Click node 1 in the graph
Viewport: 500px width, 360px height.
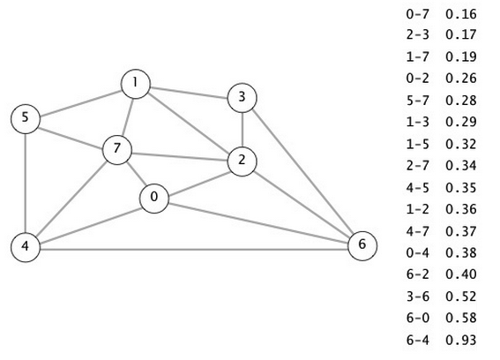(136, 84)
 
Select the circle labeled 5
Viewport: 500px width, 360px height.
(26, 119)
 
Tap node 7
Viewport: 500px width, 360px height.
(117, 150)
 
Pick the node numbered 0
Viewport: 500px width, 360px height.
(154, 199)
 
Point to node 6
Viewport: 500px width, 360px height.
(362, 246)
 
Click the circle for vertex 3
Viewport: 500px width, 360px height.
(242, 98)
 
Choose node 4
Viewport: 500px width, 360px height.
(26, 247)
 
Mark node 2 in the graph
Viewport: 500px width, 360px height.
(242, 161)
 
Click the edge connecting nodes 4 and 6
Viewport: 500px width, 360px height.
(194, 249)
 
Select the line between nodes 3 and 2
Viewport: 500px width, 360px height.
(243, 130)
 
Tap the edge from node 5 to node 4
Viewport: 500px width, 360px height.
(25, 183)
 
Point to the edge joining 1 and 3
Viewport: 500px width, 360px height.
(189, 91)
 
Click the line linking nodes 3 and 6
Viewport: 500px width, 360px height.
(302, 172)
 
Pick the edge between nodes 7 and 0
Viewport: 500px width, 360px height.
(137, 174)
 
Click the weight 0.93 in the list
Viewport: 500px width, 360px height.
(461, 340)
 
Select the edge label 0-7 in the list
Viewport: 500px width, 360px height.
(418, 14)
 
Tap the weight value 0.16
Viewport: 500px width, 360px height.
(461, 14)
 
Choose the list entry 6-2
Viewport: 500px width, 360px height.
(418, 274)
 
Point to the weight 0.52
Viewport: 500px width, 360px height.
(461, 296)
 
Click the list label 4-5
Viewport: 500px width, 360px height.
(418, 187)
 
